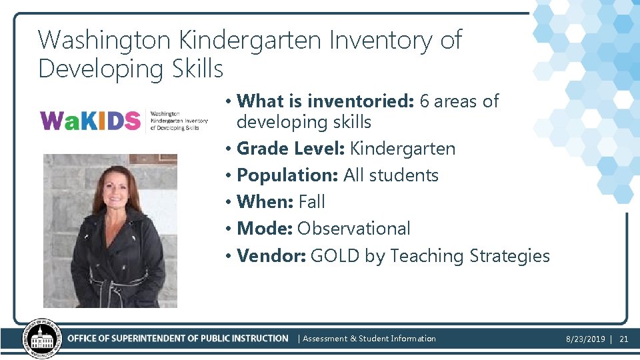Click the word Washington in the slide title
coord(105,40)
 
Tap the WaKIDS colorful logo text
coord(90,121)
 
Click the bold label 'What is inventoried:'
coord(325,101)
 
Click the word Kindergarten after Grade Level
coord(403,148)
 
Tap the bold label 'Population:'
coord(287,175)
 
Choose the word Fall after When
coord(312,202)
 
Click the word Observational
coord(354,229)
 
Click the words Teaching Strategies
coord(470,256)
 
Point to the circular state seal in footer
coord(42,339)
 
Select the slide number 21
coord(624,339)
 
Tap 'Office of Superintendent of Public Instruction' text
coord(178,339)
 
